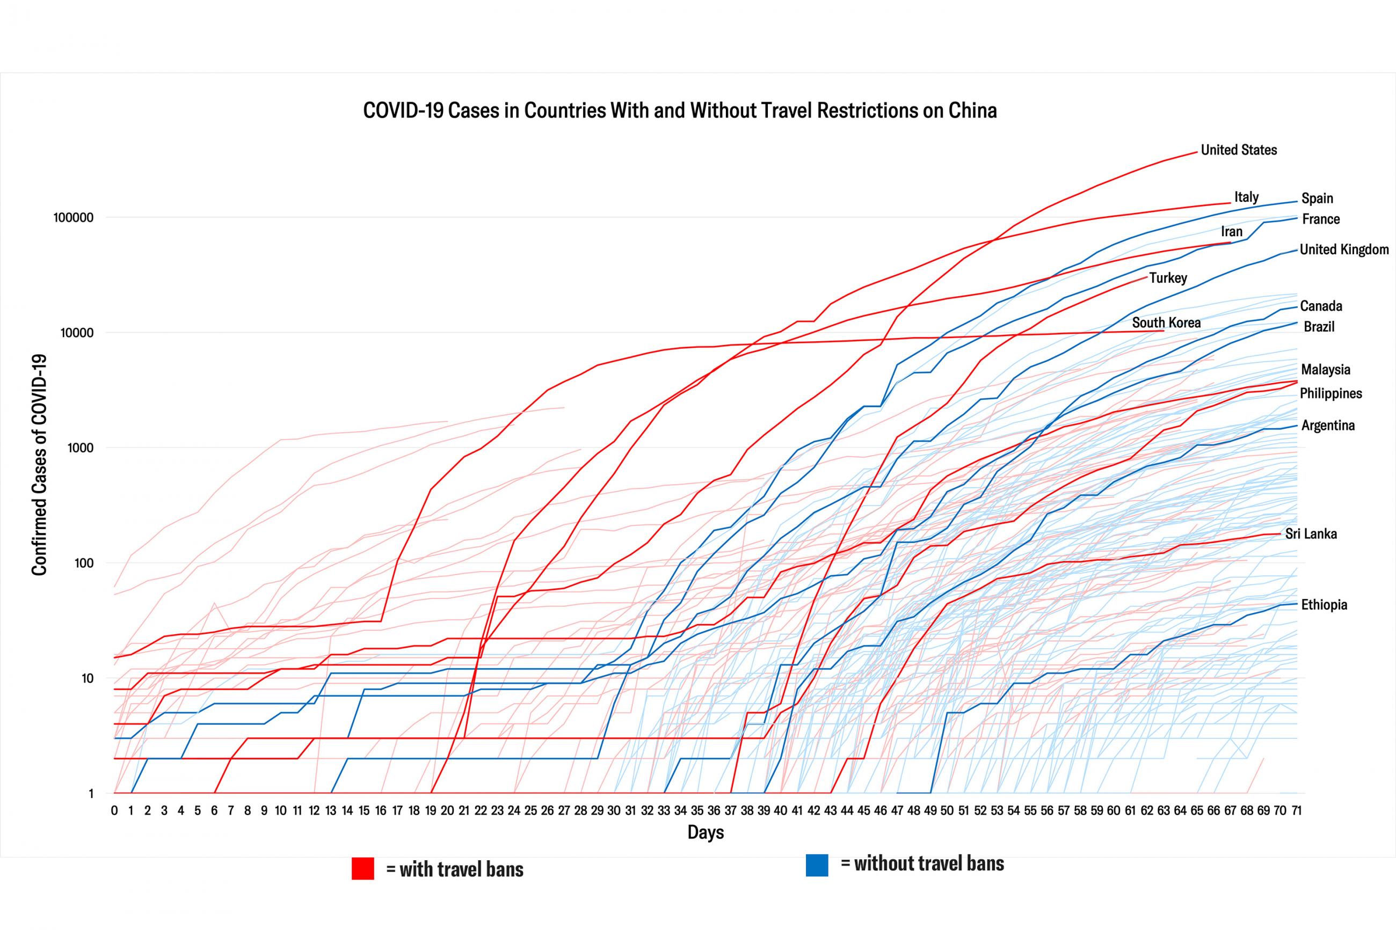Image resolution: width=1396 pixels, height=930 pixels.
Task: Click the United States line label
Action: [x=1238, y=150]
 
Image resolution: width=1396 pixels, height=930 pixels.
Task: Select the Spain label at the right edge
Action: [x=1317, y=198]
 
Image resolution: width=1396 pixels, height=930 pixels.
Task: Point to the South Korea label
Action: [x=1166, y=323]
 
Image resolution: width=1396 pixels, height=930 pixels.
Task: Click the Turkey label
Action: [x=1168, y=277]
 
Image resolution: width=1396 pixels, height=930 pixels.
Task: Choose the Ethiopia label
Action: [x=1324, y=605]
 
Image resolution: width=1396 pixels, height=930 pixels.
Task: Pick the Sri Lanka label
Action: [x=1311, y=534]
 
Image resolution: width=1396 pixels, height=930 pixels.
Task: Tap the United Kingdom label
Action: [x=1344, y=250]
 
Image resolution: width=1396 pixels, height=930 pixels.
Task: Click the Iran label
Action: [x=1231, y=231]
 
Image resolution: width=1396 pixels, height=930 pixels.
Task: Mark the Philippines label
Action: [x=1330, y=393]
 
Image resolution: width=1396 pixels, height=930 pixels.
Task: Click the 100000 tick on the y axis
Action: [x=74, y=218]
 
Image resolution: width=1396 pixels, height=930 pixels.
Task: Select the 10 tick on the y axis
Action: [x=86, y=678]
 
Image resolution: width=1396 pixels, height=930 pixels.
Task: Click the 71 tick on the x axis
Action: [x=1296, y=811]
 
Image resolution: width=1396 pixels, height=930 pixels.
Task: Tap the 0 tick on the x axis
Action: [x=114, y=811]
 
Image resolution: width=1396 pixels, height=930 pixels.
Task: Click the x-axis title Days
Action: [x=706, y=832]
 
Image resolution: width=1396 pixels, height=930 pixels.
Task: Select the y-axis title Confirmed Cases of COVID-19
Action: [x=39, y=465]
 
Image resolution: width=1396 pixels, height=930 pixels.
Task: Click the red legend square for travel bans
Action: [x=362, y=868]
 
